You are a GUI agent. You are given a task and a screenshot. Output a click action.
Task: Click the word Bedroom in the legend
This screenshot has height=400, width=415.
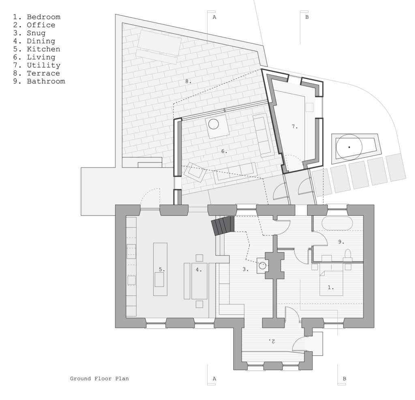point(43,17)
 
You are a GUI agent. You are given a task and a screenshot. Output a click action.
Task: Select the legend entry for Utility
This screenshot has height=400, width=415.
point(43,65)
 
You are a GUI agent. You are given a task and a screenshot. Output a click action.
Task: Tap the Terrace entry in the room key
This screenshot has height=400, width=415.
point(43,73)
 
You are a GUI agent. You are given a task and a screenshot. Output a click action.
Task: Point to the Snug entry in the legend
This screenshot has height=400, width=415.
point(36,33)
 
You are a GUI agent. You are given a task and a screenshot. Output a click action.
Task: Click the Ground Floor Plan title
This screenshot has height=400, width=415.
point(99,379)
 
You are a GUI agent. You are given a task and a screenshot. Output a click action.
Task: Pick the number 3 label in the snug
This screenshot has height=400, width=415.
point(245,269)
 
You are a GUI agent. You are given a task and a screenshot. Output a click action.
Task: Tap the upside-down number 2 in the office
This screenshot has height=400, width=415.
point(272,341)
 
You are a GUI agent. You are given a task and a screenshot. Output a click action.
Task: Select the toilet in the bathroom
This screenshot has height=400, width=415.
point(347,254)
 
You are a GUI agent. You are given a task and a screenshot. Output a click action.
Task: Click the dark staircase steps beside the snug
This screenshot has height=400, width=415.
point(223,225)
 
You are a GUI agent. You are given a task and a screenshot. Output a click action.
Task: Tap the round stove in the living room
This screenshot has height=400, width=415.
point(213,124)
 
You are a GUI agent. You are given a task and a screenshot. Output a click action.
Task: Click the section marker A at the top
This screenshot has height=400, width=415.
point(214,17)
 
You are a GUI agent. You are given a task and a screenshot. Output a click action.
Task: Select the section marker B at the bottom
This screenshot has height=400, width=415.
point(344,379)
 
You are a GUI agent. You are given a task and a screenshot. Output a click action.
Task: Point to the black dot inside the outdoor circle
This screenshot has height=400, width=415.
point(349,147)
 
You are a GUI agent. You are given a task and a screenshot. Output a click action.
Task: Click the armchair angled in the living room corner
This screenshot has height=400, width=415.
point(195,172)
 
